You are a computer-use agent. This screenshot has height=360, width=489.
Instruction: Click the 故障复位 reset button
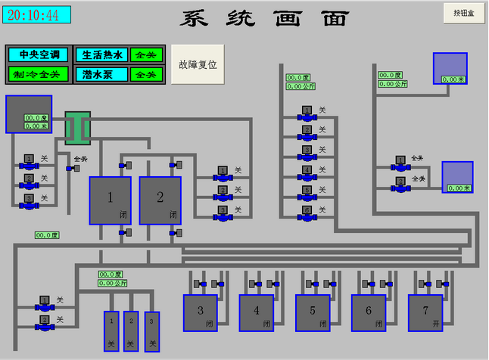point(198,64)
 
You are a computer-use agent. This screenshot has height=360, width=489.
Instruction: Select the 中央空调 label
point(39,54)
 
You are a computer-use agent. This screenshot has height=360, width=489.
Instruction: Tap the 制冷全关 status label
point(39,74)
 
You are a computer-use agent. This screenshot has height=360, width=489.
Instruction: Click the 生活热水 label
point(102,54)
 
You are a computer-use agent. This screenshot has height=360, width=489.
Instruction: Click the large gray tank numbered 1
point(111,200)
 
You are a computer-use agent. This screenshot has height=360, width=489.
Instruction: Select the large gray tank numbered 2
point(160,200)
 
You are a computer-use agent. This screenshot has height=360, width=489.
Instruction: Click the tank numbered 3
point(201,312)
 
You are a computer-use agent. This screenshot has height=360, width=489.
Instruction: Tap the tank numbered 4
point(257,312)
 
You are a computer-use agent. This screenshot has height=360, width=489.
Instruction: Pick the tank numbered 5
point(313,312)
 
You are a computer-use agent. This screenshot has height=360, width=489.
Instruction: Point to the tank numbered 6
point(369,312)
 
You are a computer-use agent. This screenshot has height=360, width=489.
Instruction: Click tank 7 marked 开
point(425,312)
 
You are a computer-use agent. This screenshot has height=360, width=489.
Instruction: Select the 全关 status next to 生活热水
point(145,54)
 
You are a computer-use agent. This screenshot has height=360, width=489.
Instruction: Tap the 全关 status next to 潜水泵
point(145,74)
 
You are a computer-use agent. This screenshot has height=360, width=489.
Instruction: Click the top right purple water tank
point(450,68)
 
